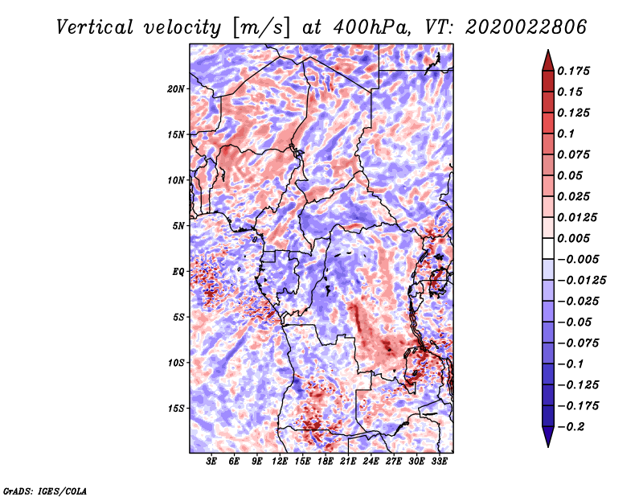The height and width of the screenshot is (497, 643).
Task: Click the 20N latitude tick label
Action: pyautogui.click(x=176, y=89)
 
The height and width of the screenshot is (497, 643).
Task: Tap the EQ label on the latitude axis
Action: pyautogui.click(x=178, y=272)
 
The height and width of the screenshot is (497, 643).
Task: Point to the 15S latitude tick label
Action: pyautogui.click(x=176, y=409)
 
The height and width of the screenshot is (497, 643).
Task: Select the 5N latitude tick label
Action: pyautogui.click(x=178, y=226)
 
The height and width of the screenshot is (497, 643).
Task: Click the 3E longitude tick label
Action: pyautogui.click(x=211, y=462)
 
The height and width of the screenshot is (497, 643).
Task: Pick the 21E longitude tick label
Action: pyautogui.click(x=348, y=462)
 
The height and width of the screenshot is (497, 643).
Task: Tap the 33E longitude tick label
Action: pyautogui.click(x=439, y=462)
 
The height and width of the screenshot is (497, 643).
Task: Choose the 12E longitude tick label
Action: pyautogui.click(x=280, y=462)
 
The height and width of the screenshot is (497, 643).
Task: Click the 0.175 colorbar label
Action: pyautogui.click(x=574, y=71)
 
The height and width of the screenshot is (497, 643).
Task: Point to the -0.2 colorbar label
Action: pyautogui.click(x=571, y=426)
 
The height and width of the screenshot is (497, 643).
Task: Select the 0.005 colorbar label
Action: pyautogui.click(x=574, y=238)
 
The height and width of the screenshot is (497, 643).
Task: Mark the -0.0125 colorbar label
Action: pyautogui.click(x=581, y=281)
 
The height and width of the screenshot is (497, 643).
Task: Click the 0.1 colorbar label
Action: pyautogui.click(x=566, y=133)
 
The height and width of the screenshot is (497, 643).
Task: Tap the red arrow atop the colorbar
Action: pyautogui.click(x=548, y=60)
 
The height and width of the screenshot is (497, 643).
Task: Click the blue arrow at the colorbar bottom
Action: pyautogui.click(x=548, y=437)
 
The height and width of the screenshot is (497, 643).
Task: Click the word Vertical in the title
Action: pyautogui.click(x=95, y=27)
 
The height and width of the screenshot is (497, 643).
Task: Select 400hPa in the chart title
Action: pyautogui.click(x=371, y=27)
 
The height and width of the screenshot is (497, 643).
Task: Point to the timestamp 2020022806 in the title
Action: pyautogui.click(x=526, y=27)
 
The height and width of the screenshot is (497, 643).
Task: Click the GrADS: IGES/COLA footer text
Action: pyautogui.click(x=45, y=491)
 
